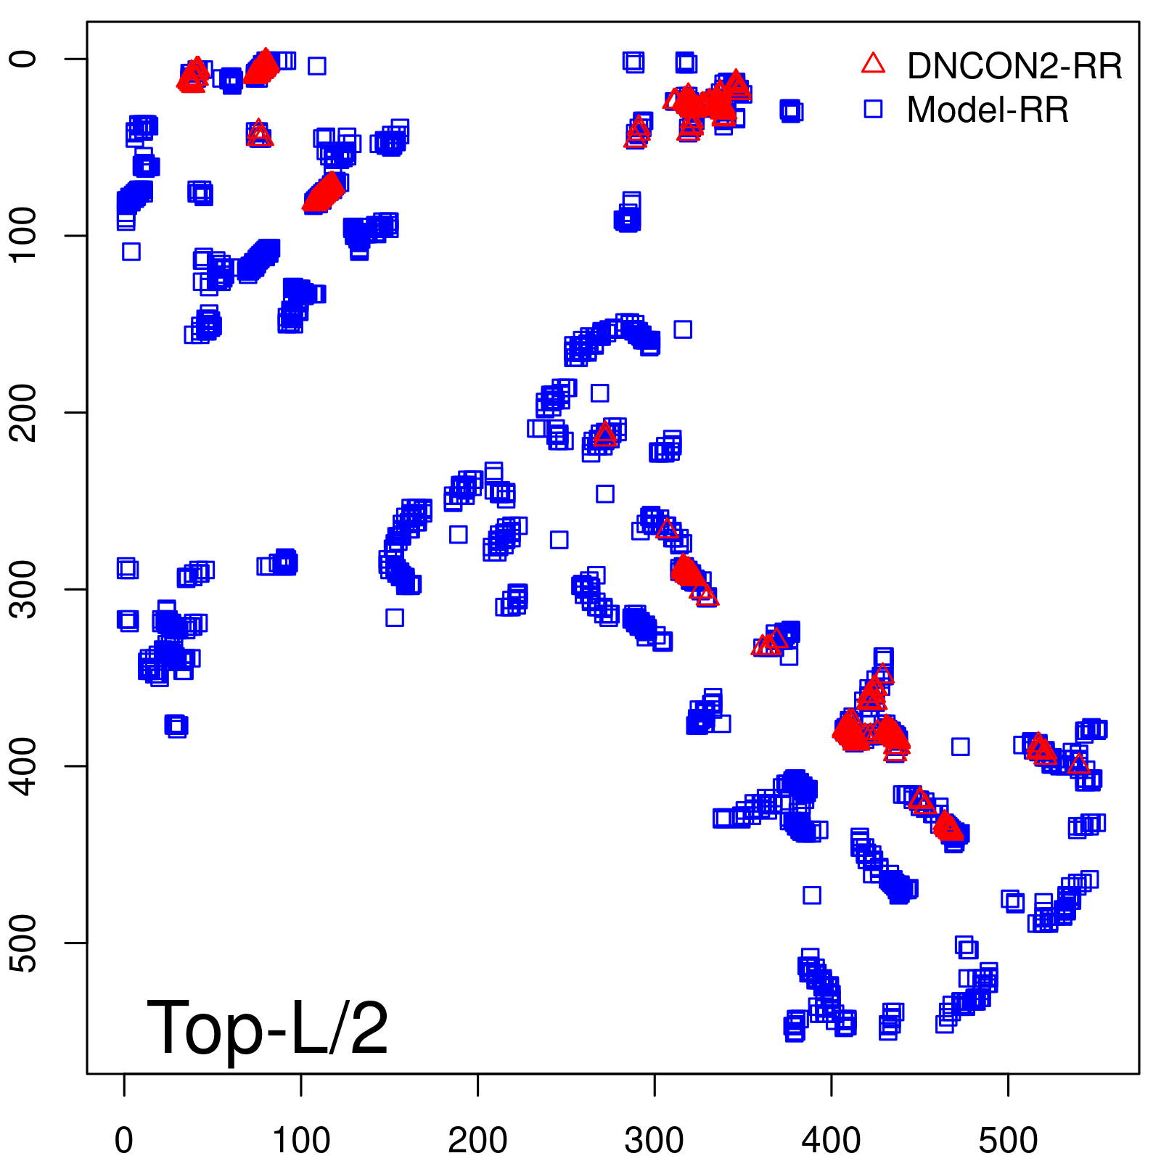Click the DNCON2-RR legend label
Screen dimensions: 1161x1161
(x=1014, y=66)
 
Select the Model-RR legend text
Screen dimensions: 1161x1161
(x=987, y=110)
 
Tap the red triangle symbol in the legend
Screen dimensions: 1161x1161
(x=873, y=64)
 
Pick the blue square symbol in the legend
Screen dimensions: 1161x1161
(x=873, y=109)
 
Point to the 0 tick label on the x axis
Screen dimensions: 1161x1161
(x=124, y=1141)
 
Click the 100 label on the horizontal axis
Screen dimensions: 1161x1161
(x=301, y=1141)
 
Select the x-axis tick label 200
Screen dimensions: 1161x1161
(x=477, y=1141)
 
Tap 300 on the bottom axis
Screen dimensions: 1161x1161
(x=655, y=1141)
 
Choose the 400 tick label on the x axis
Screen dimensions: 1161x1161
(x=832, y=1141)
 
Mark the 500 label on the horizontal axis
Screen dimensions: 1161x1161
(x=1008, y=1141)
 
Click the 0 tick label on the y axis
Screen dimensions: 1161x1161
(x=26, y=59)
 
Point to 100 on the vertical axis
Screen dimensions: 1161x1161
(x=26, y=235)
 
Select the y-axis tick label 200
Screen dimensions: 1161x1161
(x=26, y=412)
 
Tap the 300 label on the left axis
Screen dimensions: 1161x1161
(x=26, y=589)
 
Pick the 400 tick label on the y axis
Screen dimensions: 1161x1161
(x=26, y=766)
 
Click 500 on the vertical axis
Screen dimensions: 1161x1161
(x=26, y=943)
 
